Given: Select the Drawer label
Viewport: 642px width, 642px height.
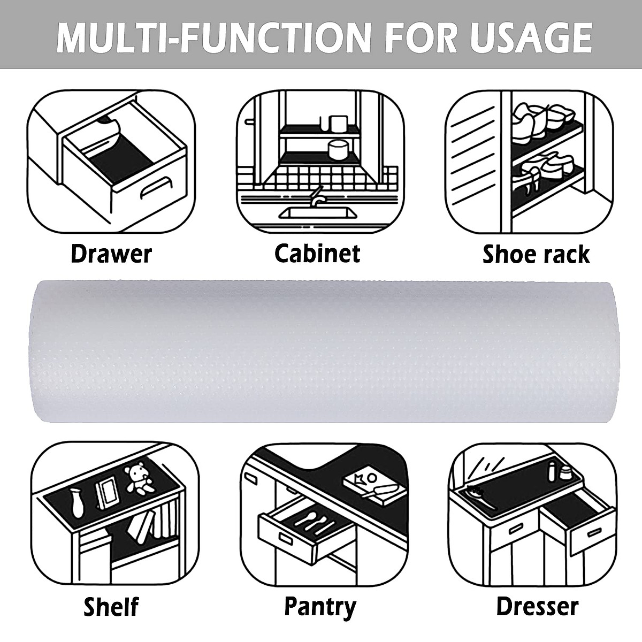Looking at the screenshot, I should point(111,254).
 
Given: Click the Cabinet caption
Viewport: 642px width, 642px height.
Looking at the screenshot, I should point(317,253).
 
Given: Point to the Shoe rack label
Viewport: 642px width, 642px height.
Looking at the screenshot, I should point(536,254).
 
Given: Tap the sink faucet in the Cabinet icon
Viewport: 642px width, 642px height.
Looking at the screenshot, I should point(317,195).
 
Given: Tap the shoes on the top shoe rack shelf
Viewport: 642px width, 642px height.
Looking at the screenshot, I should point(543,114).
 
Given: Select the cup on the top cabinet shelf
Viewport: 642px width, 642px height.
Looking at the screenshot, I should point(335,124).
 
